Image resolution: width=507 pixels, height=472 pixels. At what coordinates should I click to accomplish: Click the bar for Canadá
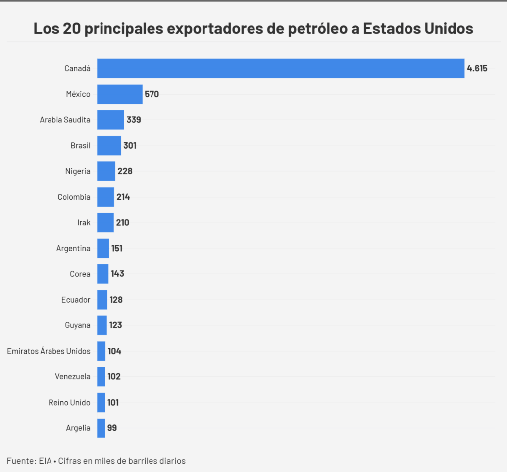point(280,68)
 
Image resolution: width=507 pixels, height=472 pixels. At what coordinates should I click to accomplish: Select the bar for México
point(119,94)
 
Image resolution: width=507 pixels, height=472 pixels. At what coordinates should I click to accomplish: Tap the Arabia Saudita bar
point(110,120)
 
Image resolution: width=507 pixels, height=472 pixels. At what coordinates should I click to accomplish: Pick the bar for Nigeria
point(106,171)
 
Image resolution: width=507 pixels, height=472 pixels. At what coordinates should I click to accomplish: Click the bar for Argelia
point(101,428)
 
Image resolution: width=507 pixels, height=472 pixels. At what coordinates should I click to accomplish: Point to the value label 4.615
point(477,68)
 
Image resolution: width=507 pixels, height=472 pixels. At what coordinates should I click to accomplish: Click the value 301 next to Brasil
point(130,146)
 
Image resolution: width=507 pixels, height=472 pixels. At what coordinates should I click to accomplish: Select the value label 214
point(123,197)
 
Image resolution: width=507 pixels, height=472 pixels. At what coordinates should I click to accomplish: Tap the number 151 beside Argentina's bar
point(117,248)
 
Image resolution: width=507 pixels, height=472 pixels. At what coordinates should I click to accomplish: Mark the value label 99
point(112,428)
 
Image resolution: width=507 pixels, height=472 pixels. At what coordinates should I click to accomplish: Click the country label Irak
point(84,222)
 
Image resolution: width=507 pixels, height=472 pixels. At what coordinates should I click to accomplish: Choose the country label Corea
point(80,274)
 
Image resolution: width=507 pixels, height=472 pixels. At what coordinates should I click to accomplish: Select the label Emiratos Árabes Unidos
point(49,351)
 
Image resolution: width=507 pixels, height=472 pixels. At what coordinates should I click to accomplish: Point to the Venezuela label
point(72,377)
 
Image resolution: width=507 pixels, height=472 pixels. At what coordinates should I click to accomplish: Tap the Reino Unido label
point(69,403)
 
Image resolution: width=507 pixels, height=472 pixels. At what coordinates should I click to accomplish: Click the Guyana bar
point(102,325)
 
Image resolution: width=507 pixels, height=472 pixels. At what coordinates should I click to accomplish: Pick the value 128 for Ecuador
point(116,300)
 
